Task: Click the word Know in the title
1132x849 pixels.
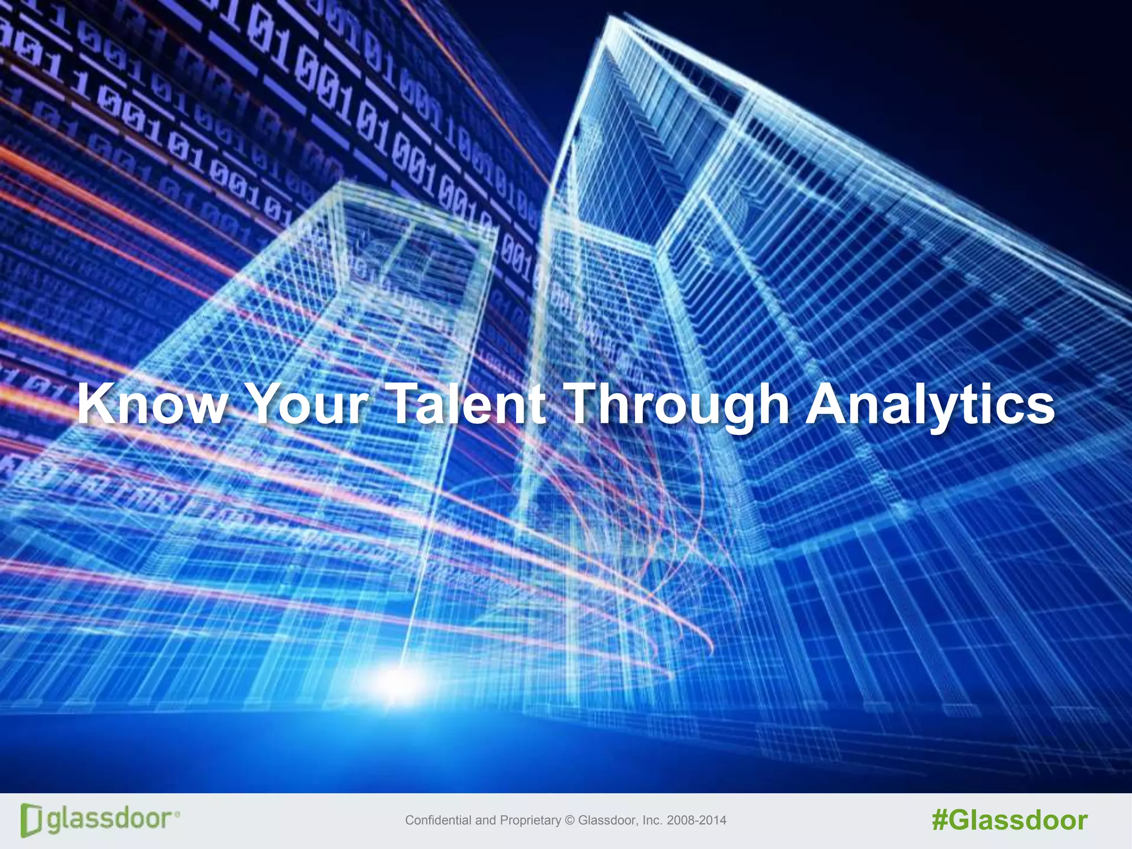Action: click(151, 404)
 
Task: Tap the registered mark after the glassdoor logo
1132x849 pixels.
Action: click(177, 814)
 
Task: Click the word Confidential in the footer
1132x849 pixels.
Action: click(438, 820)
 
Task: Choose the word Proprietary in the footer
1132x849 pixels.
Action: click(531, 821)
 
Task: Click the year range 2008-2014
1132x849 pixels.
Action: click(696, 820)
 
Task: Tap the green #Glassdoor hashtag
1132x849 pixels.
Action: click(1009, 820)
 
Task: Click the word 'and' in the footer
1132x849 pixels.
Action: click(485, 820)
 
